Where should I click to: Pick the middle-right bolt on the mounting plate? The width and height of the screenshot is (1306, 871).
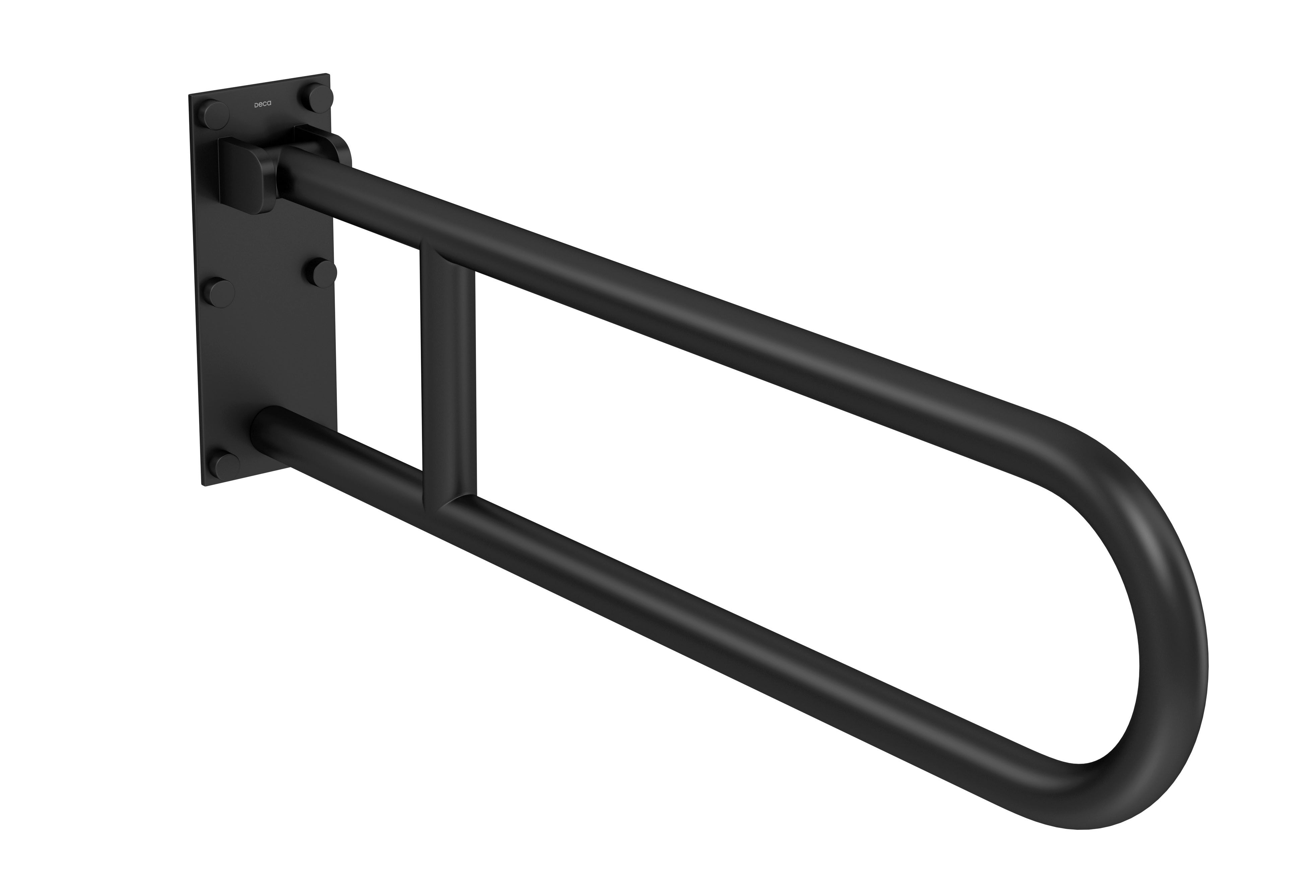point(322,273)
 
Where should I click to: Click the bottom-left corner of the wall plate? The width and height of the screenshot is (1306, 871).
point(205,485)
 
